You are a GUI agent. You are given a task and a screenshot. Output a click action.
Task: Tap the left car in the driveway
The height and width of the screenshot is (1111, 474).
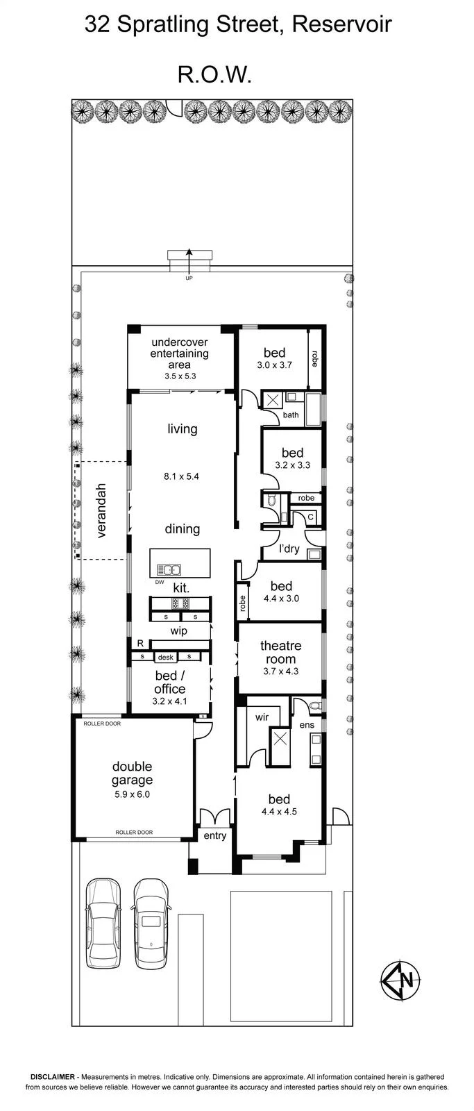(103, 923)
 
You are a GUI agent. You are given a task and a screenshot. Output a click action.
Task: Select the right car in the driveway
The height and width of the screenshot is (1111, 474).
(151, 923)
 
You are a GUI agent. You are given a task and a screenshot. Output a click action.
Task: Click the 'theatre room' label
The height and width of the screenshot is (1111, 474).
(280, 652)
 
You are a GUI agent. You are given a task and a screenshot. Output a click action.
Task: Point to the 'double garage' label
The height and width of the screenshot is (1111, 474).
(132, 774)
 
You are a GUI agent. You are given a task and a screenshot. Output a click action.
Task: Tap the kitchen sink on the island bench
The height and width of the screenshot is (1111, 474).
(169, 570)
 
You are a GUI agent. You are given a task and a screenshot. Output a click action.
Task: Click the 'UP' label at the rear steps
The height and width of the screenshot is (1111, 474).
(188, 278)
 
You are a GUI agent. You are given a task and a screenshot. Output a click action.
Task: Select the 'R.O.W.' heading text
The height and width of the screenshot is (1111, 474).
(214, 75)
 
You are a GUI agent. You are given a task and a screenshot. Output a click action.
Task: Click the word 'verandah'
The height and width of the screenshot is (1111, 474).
(101, 510)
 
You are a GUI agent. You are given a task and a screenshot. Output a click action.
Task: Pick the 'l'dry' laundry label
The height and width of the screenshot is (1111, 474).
(289, 549)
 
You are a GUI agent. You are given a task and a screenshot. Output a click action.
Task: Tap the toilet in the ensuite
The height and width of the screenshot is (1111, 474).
(316, 705)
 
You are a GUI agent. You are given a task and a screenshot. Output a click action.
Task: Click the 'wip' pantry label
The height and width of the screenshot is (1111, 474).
(178, 631)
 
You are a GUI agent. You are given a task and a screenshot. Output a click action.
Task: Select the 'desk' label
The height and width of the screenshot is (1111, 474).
(166, 657)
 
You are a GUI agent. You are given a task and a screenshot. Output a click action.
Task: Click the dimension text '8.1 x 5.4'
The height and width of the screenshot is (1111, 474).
(181, 476)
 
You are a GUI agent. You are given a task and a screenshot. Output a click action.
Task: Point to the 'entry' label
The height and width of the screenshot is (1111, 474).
(214, 836)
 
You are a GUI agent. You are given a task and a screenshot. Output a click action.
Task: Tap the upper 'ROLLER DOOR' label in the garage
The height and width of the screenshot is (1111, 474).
(102, 724)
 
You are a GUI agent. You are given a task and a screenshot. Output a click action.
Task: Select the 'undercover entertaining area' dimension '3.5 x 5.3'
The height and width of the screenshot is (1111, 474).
(180, 376)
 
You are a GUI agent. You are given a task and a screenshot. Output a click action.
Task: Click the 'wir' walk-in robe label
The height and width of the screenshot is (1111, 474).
(262, 717)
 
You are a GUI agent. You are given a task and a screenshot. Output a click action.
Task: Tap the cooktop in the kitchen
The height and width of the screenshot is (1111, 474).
(180, 603)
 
